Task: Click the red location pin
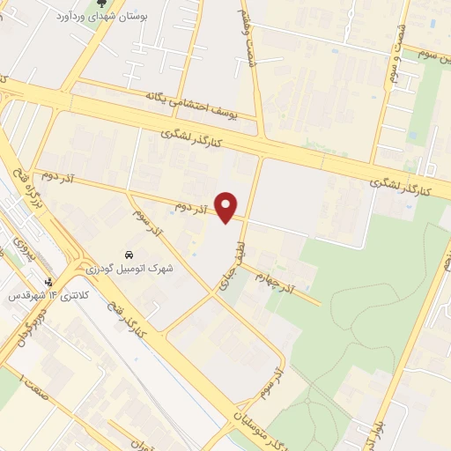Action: pos(227,205)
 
